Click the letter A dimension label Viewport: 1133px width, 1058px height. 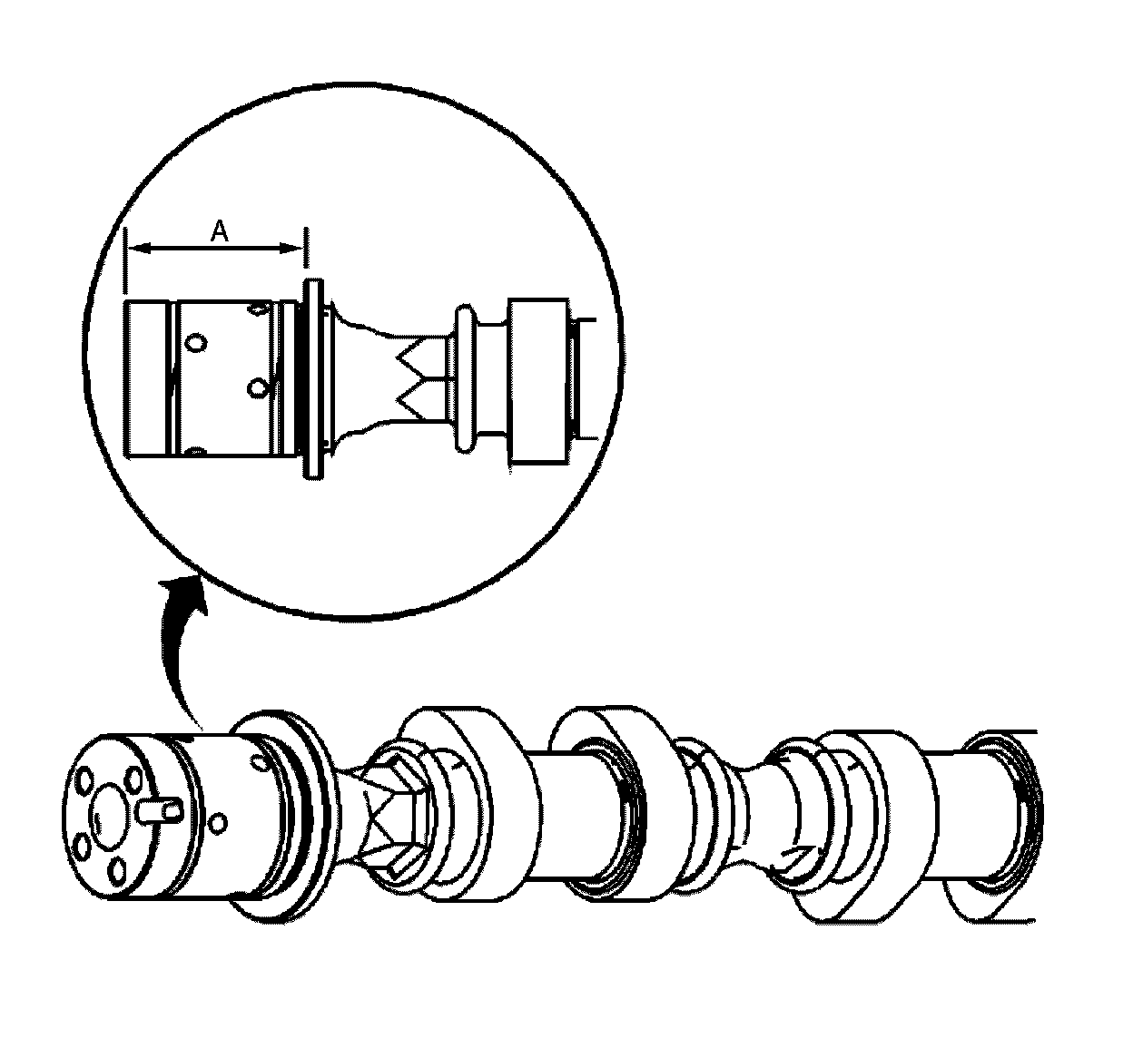pos(220,232)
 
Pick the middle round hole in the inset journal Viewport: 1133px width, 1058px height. pos(259,388)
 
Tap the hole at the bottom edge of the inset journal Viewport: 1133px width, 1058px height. pos(194,451)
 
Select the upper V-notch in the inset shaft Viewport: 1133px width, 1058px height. pos(413,353)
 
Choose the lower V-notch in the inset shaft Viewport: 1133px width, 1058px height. pos(413,396)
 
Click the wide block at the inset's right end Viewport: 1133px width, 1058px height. pos(537,381)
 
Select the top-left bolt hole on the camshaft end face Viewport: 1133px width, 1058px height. pos(84,779)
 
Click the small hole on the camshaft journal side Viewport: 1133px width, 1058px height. pos(217,823)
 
